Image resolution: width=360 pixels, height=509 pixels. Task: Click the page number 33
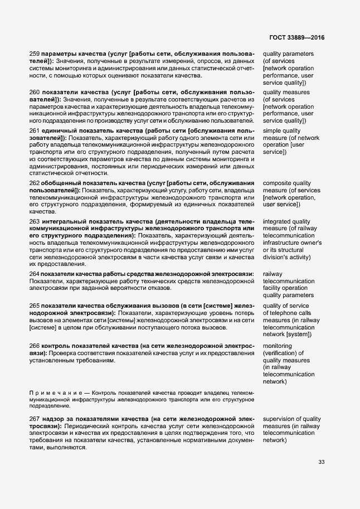tap(322, 461)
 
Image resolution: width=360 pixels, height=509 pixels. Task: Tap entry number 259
tap(35, 54)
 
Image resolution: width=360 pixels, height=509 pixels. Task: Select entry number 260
tap(35, 92)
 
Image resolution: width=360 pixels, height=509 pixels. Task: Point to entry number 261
tap(35, 130)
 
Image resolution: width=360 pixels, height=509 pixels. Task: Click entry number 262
tap(35, 183)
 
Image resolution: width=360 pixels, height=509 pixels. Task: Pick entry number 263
tap(35, 221)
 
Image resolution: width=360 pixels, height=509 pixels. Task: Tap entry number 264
tap(35, 274)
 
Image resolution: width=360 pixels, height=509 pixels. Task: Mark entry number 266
tap(35, 346)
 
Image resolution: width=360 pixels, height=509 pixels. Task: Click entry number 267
tap(35, 418)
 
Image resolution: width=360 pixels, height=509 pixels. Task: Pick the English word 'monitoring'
tap(277, 346)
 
